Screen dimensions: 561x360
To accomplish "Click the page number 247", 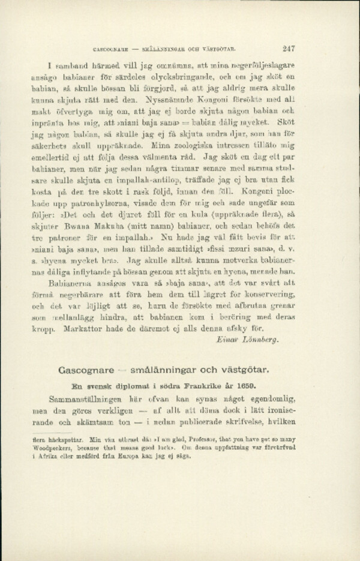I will point(290,50).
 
